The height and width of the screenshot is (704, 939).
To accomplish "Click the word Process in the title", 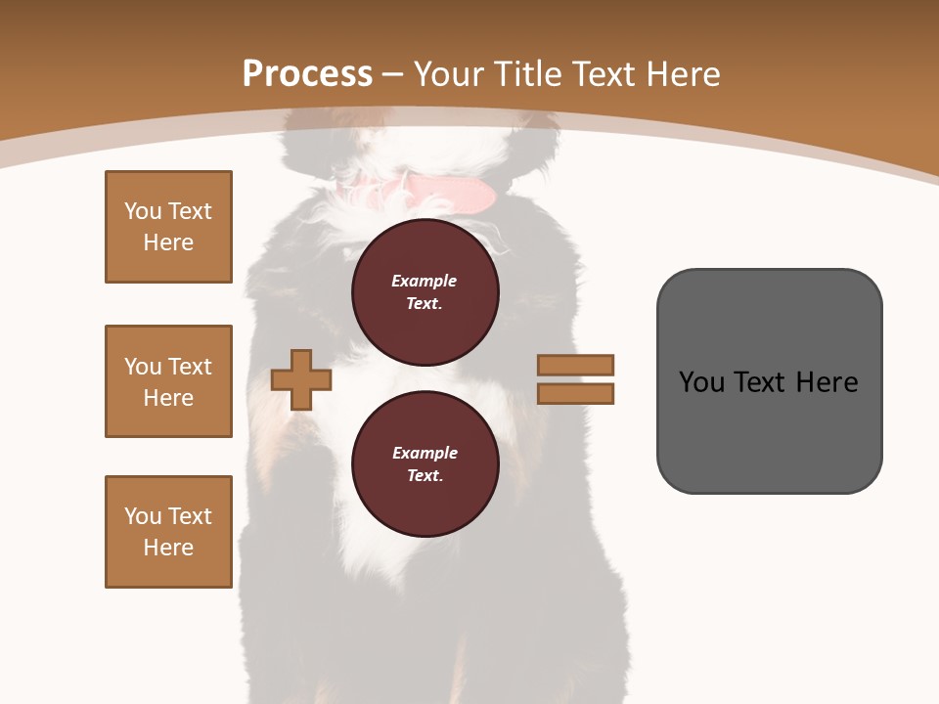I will pos(307,74).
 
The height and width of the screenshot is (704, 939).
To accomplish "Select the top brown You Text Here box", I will pos(168,227).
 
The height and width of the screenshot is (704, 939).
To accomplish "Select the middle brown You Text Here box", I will pos(168,381).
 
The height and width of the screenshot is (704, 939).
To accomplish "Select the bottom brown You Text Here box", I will pos(168,532).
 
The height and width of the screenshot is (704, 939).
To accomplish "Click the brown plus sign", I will pos(301,380).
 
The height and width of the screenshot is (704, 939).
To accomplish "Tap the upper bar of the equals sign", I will pos(576,365).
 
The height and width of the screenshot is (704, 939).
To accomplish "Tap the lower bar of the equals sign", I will pos(576,394).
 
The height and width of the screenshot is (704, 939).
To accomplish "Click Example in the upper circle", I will pos(425,281).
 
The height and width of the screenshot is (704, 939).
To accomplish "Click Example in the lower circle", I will pos(425,453).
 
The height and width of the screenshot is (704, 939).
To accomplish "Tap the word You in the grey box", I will pos(701,382).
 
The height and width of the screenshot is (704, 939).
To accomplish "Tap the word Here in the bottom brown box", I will pos(168,548).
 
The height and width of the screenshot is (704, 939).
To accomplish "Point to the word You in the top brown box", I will pos(143,211).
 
